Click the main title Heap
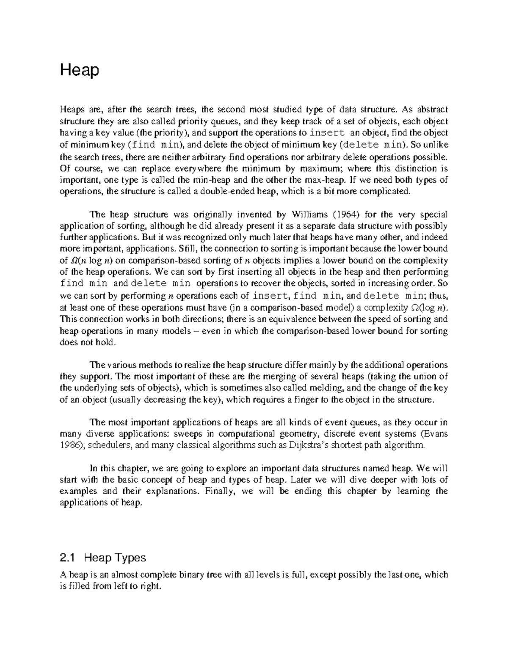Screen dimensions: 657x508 click(x=80, y=70)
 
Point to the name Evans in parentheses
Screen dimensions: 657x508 click(x=435, y=434)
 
